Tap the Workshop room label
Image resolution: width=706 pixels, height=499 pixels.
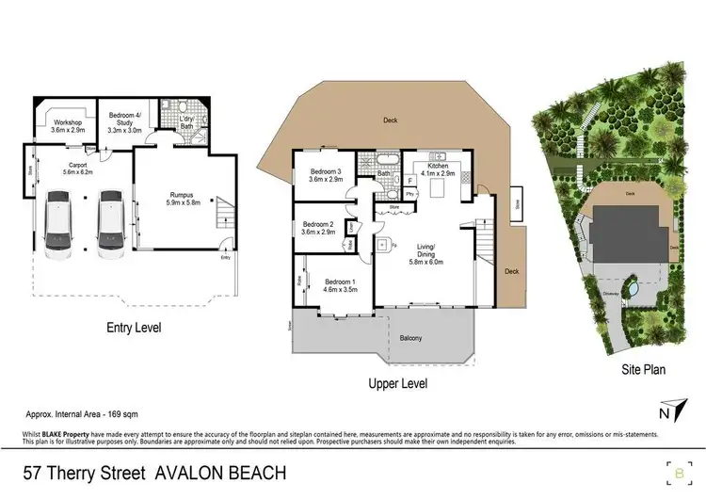(x=69, y=126)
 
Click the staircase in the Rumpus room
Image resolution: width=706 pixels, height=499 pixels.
(x=224, y=215)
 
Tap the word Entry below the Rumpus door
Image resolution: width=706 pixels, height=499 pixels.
(x=224, y=257)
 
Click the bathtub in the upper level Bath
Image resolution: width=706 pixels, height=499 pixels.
(x=387, y=158)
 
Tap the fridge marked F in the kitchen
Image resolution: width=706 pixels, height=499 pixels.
(x=410, y=179)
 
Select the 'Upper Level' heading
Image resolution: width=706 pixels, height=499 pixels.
(x=399, y=383)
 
